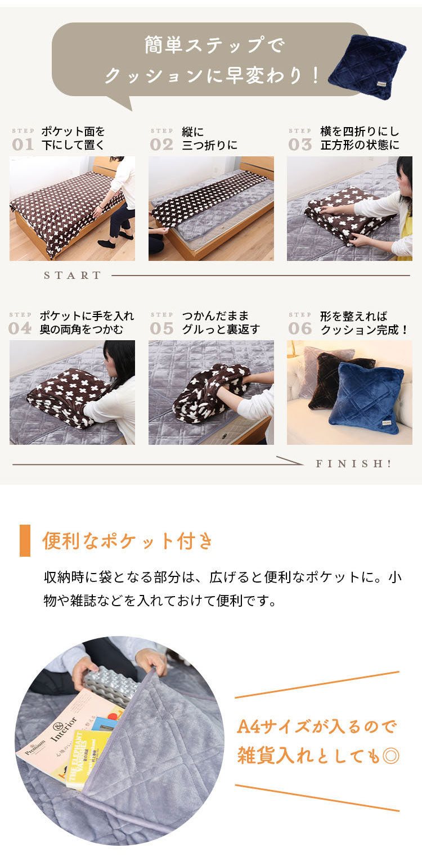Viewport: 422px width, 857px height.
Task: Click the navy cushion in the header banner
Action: pos(367,66)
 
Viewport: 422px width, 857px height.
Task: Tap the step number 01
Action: pos(23,145)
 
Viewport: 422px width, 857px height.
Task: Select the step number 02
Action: pos(161,145)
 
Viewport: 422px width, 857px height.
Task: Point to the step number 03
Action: pos(300,145)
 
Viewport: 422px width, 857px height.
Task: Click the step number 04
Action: pos(20,328)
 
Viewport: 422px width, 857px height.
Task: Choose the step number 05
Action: pos(161,328)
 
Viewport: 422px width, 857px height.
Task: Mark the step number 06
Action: pos(300,328)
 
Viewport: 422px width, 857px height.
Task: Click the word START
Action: pos(73,276)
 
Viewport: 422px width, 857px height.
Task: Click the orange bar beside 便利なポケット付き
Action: pos(25,540)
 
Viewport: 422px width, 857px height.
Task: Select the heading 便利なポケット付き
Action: pos(128,541)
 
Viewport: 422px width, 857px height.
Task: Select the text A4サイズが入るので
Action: pos(316,727)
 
